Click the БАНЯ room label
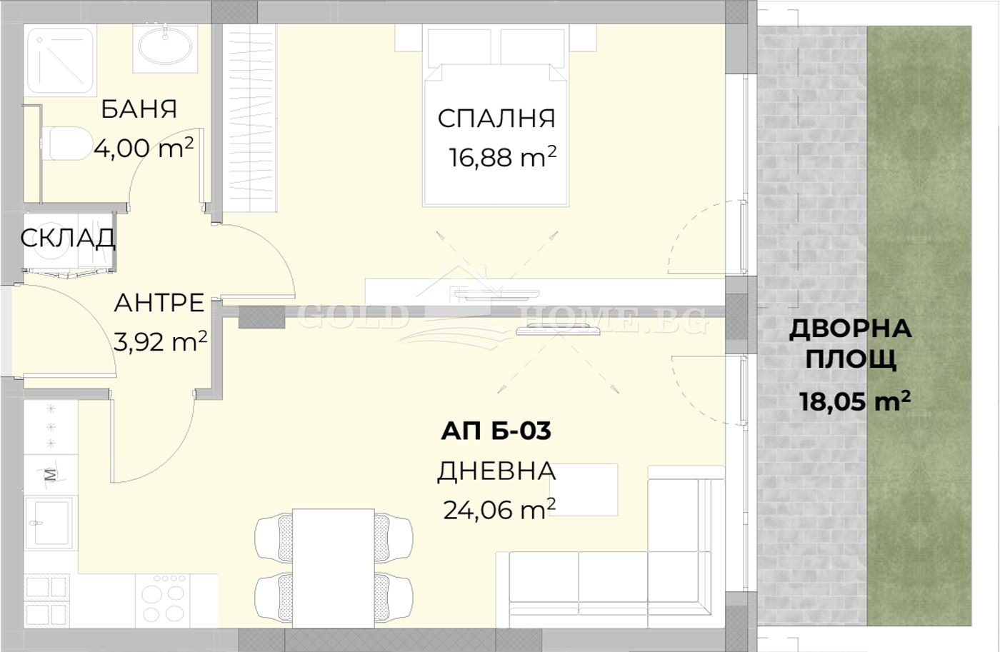tap(139, 109)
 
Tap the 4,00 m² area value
tap(143, 148)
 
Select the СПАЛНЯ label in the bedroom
tap(496, 119)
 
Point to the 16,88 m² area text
tap(502, 157)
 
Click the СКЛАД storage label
tap(67, 238)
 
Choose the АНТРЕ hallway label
tap(159, 303)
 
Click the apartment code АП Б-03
tap(496, 431)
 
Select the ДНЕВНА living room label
tap(496, 471)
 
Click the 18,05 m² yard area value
tap(854, 401)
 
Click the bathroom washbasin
tap(165, 47)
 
